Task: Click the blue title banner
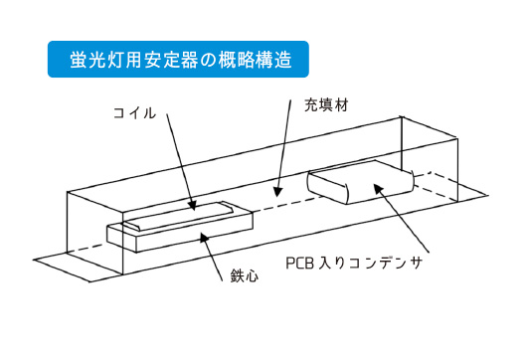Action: [x=176, y=59]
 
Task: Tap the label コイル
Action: [x=135, y=113]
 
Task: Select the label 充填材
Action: [x=324, y=103]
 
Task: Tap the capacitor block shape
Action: [x=358, y=183]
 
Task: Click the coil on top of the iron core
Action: [x=179, y=212]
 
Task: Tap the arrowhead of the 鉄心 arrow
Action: [x=205, y=237]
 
